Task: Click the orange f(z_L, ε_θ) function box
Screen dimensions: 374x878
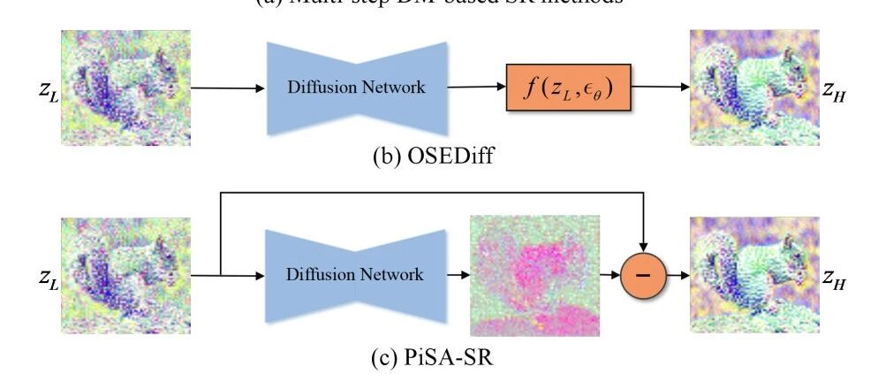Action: (569, 88)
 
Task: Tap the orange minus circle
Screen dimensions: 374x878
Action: (647, 275)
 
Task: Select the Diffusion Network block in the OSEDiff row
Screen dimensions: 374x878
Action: (356, 88)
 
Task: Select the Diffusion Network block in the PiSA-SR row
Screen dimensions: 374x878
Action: (356, 275)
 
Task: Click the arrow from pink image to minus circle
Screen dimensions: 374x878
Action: (611, 275)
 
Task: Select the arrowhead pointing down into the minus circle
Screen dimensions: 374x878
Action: (647, 244)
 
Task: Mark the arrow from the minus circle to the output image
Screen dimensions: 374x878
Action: (677, 275)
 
